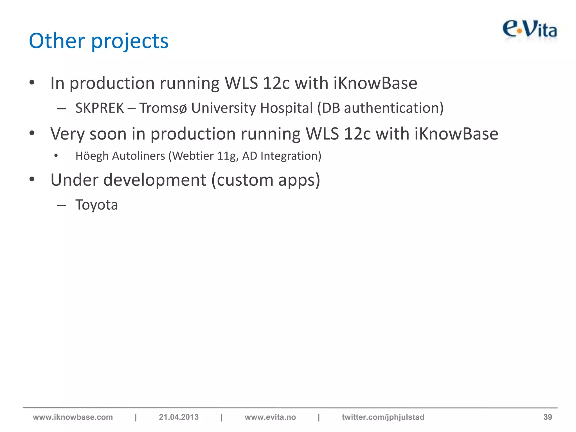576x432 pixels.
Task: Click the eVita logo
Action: pos(530,30)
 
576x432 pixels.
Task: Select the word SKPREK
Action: pos(100,108)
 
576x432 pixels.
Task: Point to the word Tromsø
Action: pos(163,108)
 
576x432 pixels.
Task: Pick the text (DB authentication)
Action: pos(380,108)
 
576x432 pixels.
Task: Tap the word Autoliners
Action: pos(138,156)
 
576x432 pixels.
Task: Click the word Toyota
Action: pos(96,205)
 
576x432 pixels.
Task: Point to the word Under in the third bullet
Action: pos(74,180)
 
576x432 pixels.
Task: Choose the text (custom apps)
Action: pos(265,180)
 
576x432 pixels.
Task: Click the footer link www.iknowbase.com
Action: pos(73,417)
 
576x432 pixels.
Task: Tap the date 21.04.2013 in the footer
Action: pos(179,417)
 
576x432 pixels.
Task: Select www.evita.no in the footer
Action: pos(270,417)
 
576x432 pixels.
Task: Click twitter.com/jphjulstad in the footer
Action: pos(383,417)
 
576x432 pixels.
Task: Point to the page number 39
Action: pos(547,417)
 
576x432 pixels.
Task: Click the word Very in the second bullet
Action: pos(67,134)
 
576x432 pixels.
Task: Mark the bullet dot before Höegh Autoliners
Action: pos(56,156)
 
